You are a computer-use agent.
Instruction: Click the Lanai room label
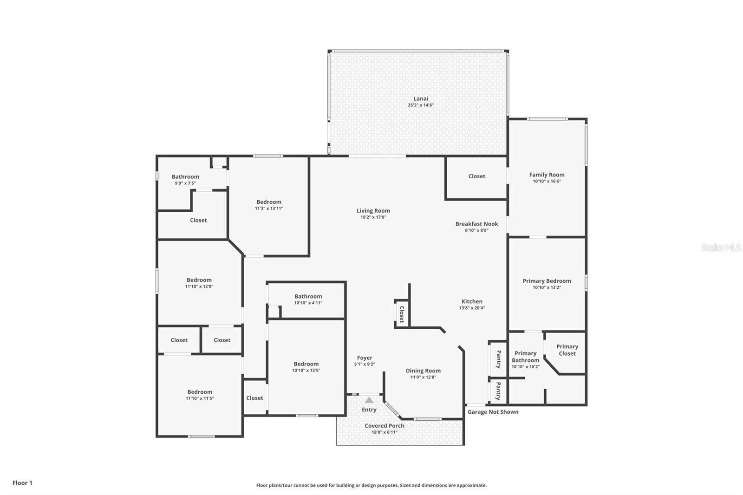(x=421, y=98)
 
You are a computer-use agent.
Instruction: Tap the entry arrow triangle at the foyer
(x=369, y=400)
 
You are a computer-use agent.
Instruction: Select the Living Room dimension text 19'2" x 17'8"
(x=373, y=217)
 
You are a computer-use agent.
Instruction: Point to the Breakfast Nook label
(x=476, y=224)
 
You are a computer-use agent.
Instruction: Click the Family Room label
(x=547, y=175)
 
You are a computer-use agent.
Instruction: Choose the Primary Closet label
(x=567, y=350)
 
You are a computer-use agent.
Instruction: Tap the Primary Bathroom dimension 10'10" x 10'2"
(x=525, y=367)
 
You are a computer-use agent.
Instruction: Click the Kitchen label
(x=472, y=301)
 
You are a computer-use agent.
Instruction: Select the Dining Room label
(x=423, y=371)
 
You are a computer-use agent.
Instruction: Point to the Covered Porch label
(x=384, y=425)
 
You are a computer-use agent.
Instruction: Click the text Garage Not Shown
(x=493, y=412)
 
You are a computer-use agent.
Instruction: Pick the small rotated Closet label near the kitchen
(x=402, y=314)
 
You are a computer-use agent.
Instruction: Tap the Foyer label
(x=365, y=358)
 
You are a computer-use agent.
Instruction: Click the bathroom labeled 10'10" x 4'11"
(x=308, y=300)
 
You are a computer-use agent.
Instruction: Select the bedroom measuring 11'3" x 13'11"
(x=268, y=205)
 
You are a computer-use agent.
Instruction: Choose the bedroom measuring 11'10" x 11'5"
(x=200, y=395)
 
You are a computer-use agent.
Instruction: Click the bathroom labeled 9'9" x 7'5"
(x=185, y=179)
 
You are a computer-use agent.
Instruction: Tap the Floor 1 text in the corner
(x=22, y=483)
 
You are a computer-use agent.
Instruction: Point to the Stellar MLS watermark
(x=721, y=248)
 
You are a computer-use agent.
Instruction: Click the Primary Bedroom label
(x=547, y=281)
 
